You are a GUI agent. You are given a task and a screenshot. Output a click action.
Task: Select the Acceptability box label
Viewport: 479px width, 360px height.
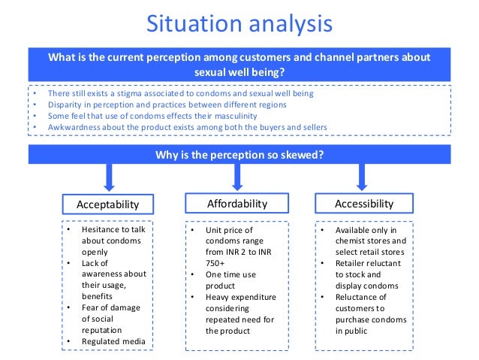(108, 204)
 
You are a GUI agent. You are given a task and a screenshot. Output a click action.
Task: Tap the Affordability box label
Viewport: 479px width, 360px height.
(236, 203)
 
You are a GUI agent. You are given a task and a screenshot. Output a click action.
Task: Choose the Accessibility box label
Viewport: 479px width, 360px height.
(363, 203)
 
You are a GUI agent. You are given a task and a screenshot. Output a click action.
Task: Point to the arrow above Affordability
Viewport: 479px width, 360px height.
(236, 177)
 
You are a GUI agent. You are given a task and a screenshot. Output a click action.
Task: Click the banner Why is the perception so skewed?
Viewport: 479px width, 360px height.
(239, 155)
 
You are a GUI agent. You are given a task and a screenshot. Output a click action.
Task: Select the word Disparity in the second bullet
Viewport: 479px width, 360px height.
(64, 106)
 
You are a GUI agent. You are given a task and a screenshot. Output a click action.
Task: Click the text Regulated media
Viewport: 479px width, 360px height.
(112, 343)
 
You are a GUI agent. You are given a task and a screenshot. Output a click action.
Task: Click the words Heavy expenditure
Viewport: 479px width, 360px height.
(241, 298)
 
